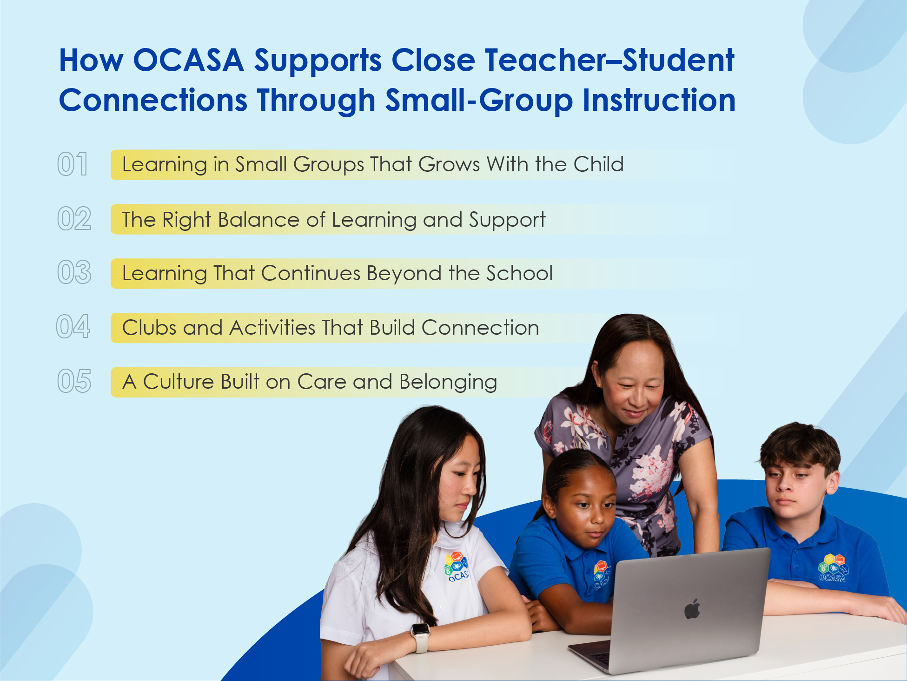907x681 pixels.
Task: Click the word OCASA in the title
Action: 188,61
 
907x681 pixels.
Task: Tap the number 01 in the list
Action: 73,164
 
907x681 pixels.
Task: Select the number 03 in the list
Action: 74,273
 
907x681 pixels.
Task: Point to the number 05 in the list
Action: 74,382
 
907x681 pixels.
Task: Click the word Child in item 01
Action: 598,164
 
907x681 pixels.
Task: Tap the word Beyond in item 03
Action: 404,274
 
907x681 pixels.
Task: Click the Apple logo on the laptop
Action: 692,609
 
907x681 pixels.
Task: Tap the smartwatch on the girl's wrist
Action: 420,635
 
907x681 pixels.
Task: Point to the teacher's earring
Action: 600,385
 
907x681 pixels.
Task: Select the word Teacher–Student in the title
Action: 609,61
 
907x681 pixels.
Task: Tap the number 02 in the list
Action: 74,219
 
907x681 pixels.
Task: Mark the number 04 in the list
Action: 73,327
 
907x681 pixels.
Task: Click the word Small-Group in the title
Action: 479,101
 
